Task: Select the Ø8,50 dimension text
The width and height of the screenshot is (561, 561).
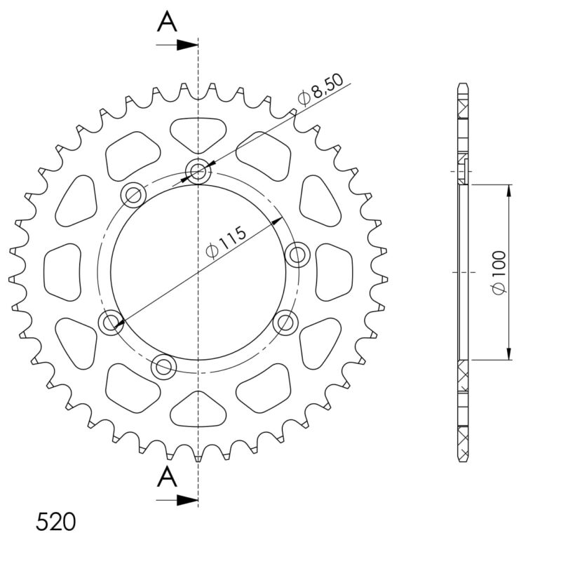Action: pyautogui.click(x=320, y=89)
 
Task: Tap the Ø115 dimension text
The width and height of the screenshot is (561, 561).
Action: pyautogui.click(x=227, y=242)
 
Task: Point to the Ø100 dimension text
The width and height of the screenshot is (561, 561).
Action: pyautogui.click(x=499, y=271)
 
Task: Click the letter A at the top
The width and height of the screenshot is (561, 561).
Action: pyautogui.click(x=167, y=22)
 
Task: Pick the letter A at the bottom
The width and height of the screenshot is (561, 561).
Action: pyautogui.click(x=167, y=478)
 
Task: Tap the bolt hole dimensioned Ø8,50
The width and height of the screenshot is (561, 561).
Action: pyautogui.click(x=198, y=170)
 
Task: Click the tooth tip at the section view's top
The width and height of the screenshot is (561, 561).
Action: pyautogui.click(x=463, y=86)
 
